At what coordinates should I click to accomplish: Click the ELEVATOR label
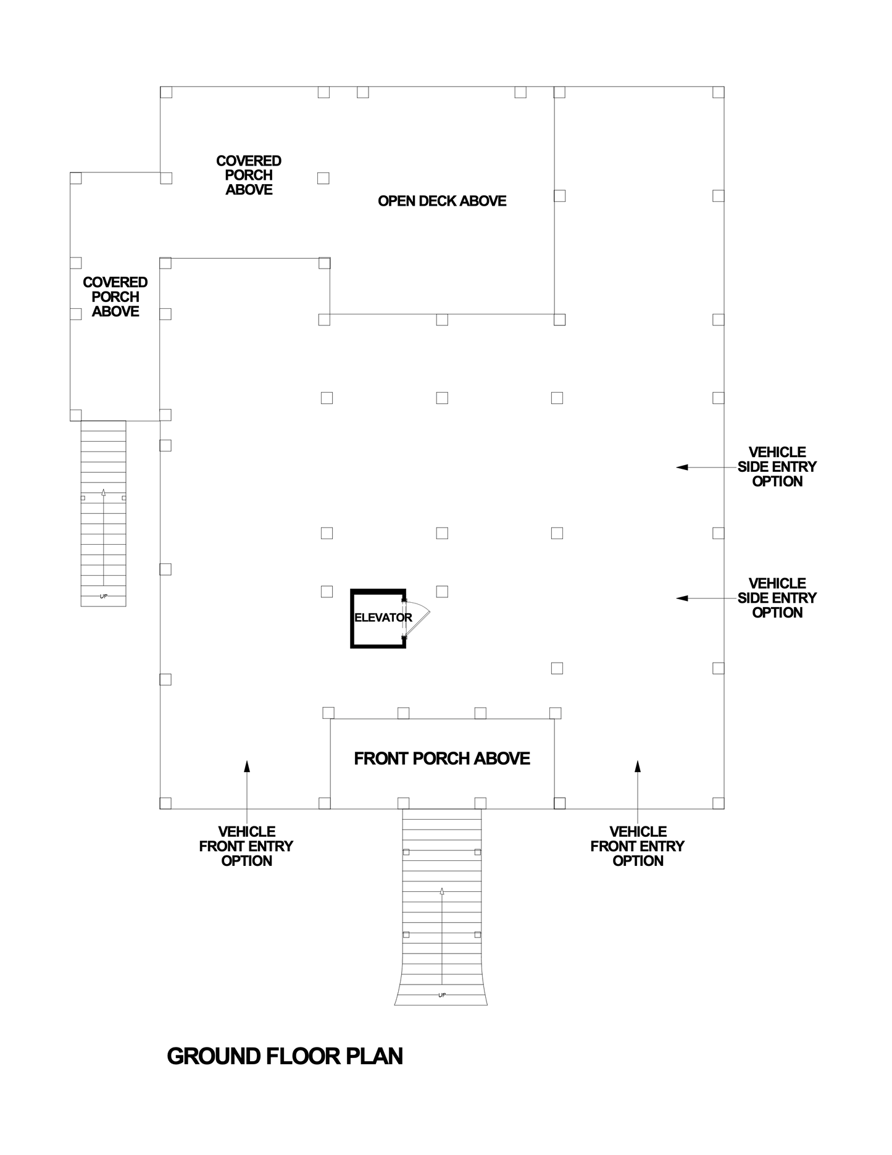click(383, 618)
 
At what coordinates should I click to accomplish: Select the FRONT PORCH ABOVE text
click(442, 758)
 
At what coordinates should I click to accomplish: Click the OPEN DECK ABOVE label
click(442, 201)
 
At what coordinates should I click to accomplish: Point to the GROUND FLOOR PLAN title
click(285, 1056)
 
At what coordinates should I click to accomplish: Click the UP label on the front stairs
click(442, 995)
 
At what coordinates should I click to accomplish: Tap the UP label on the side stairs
click(103, 596)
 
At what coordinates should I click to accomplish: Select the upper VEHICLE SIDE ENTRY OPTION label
click(777, 467)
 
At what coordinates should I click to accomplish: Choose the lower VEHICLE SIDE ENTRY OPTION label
click(777, 598)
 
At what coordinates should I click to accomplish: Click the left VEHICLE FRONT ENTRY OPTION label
click(246, 846)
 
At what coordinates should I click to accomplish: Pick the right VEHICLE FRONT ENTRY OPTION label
click(638, 846)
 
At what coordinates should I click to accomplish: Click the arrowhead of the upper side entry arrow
click(682, 468)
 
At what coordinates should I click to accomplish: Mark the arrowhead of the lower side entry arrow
click(682, 598)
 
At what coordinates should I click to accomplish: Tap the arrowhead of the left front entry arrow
click(247, 766)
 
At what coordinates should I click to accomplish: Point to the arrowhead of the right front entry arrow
click(638, 766)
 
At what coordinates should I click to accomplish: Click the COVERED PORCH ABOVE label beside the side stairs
click(115, 297)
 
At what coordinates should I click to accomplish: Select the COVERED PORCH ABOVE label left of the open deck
click(249, 175)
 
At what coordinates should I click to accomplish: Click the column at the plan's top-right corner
click(719, 92)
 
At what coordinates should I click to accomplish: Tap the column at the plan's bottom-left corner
click(165, 803)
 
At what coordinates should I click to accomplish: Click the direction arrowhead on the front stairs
click(442, 891)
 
